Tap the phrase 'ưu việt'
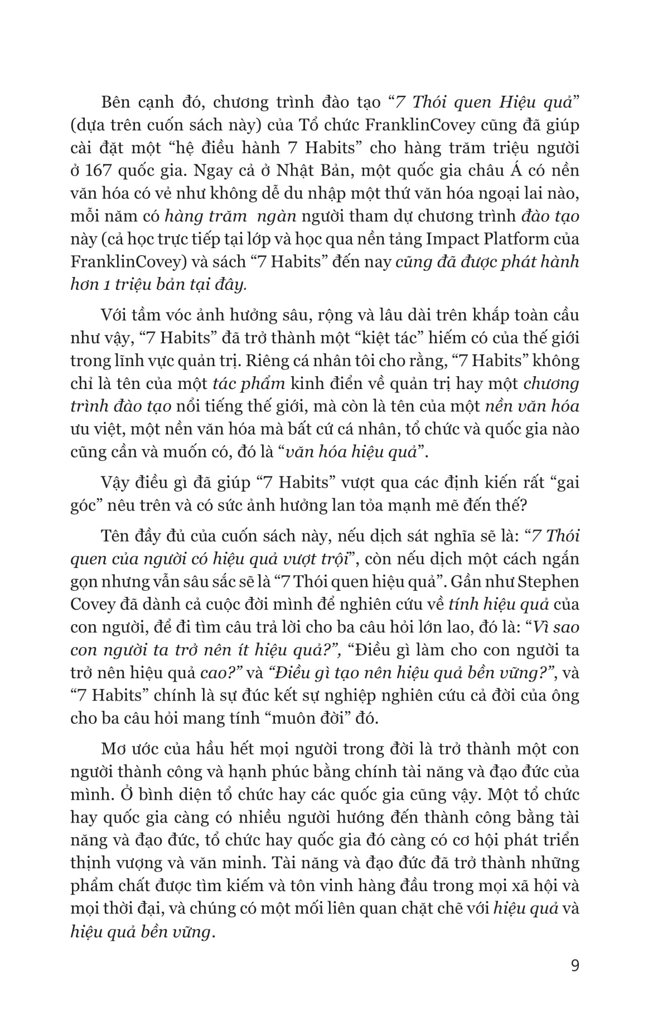pyautogui.click(x=100, y=429)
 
